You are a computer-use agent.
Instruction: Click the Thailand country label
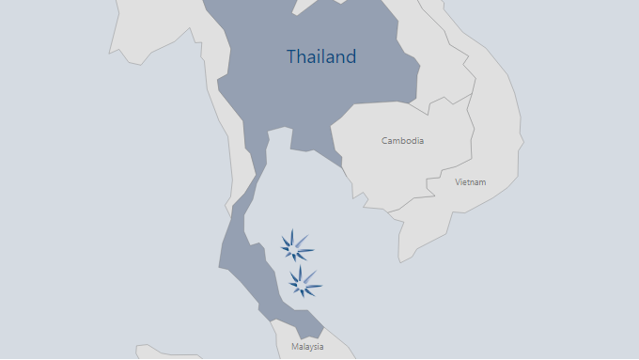click(321, 56)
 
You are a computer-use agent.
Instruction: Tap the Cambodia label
click(402, 141)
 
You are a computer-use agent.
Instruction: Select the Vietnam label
click(470, 181)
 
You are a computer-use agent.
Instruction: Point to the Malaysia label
click(307, 347)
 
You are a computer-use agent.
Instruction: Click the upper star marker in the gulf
click(298, 246)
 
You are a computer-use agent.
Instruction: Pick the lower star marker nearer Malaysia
click(304, 281)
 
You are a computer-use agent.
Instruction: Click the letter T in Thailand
click(291, 56)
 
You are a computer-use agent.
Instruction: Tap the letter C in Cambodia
click(384, 141)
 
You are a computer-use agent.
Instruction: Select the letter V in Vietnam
click(458, 181)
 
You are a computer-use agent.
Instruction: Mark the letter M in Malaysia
click(294, 347)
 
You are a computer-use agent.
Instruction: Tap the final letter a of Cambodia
click(421, 141)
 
